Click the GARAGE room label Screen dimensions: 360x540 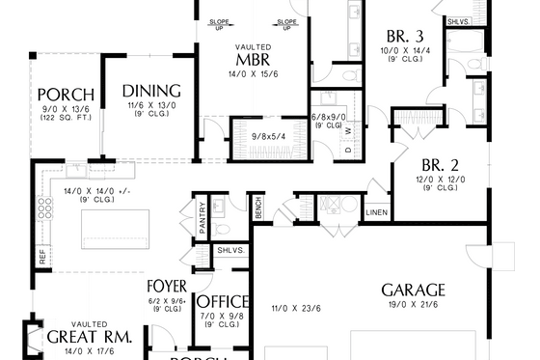click(413, 290)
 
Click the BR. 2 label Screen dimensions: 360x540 click(439, 164)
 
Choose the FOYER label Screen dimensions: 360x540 click(167, 287)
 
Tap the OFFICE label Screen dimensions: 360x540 click(223, 301)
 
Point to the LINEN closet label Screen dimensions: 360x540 click(377, 211)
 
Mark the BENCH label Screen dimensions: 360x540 click(258, 208)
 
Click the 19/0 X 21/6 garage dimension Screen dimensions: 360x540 click(412, 305)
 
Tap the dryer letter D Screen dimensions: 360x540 click(348, 151)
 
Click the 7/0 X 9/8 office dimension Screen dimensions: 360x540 click(223, 316)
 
